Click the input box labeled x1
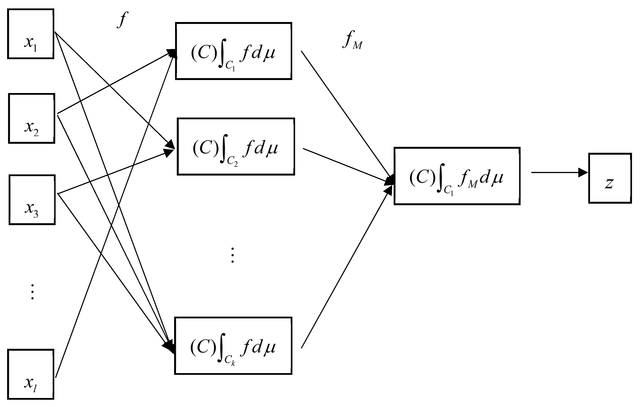(x=31, y=34)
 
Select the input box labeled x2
(x=31, y=118)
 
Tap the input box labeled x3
(x=32, y=200)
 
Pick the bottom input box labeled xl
(x=31, y=374)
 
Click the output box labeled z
(x=610, y=178)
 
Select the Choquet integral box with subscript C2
(x=236, y=146)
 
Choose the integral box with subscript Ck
(x=233, y=346)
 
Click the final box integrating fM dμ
(x=457, y=176)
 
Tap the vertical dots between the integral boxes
(x=232, y=255)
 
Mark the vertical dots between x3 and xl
(x=32, y=292)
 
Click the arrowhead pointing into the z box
(x=583, y=172)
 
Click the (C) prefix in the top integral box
(x=204, y=53)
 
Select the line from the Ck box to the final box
(x=346, y=269)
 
